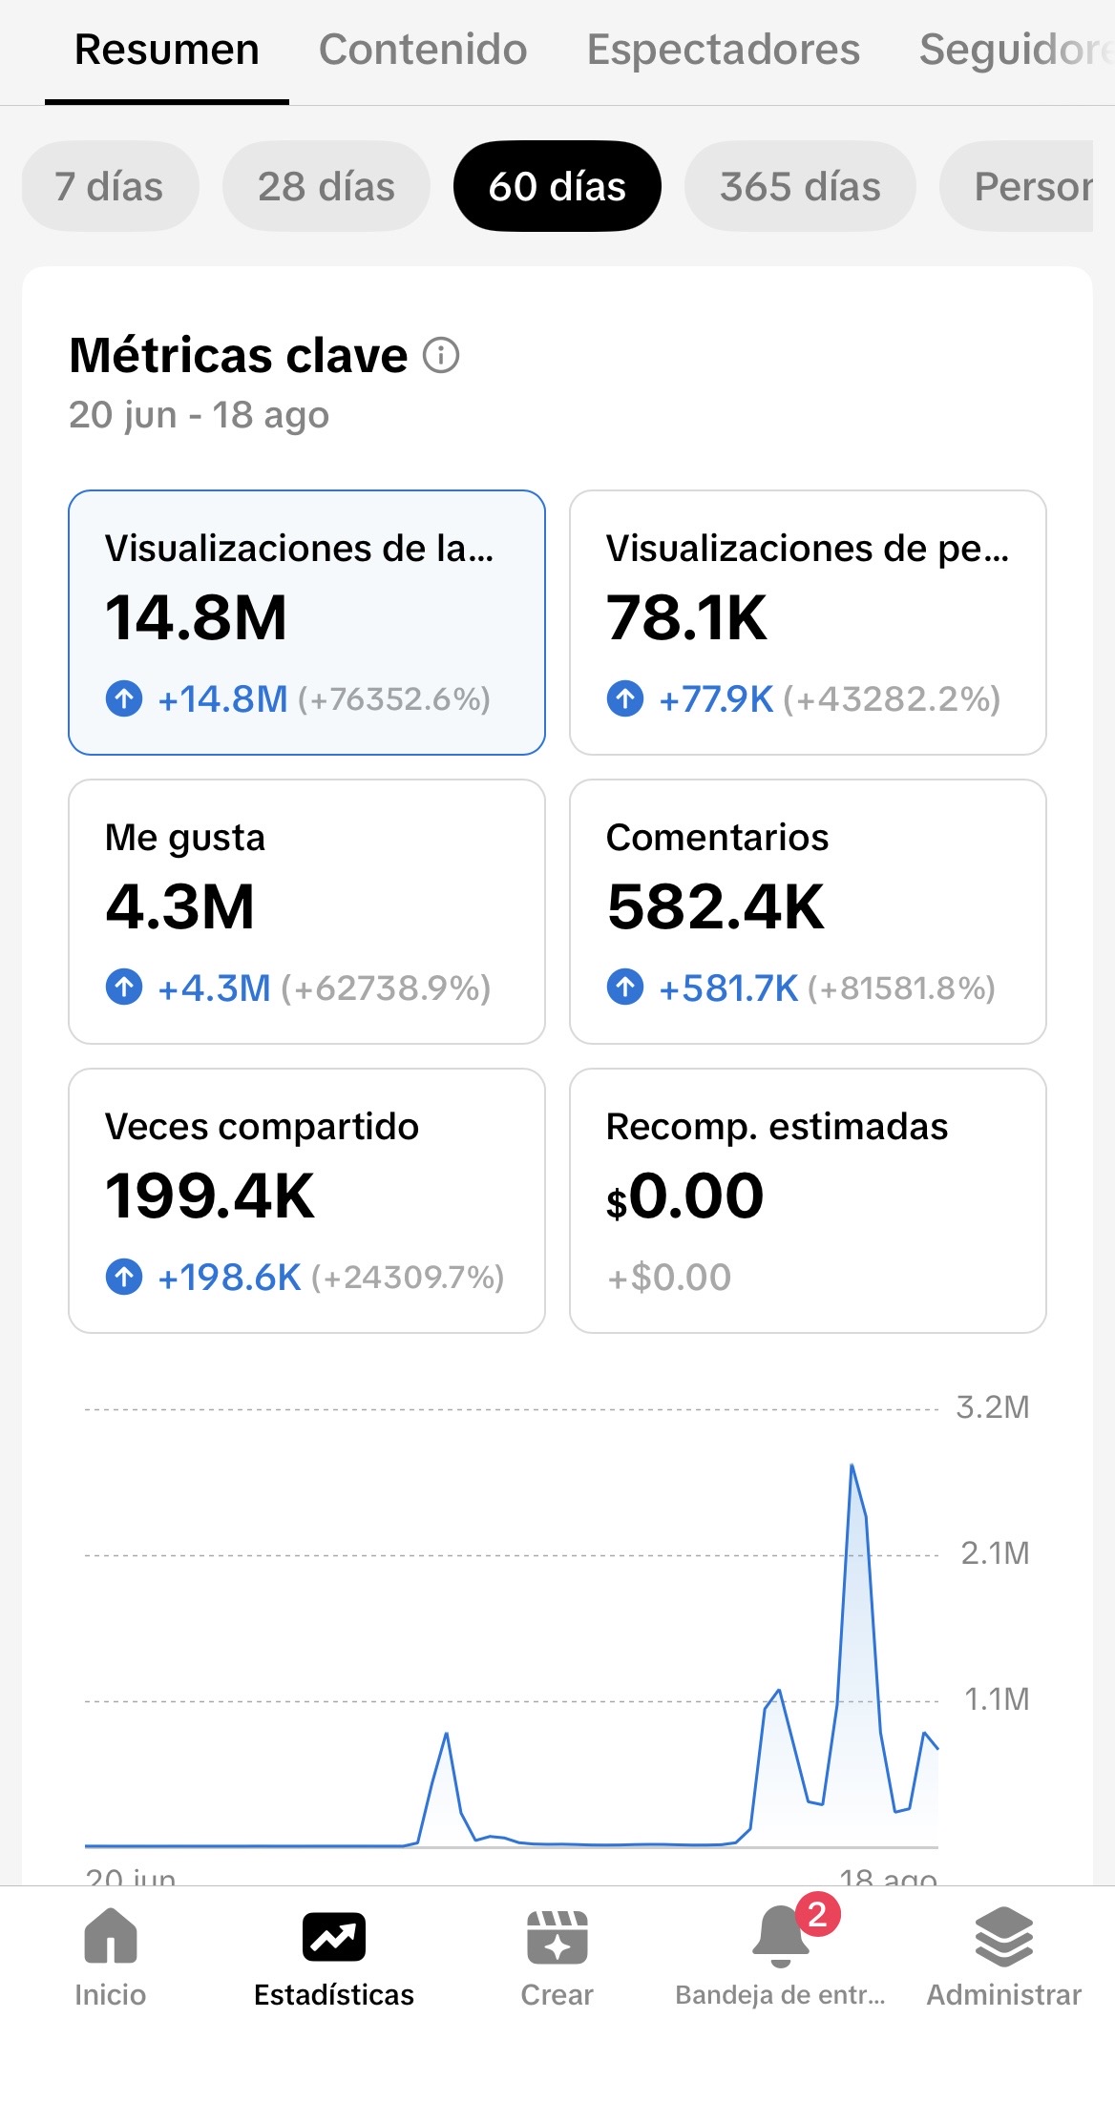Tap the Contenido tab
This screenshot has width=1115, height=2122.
click(x=423, y=50)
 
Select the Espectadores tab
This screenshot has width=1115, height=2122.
click(x=724, y=50)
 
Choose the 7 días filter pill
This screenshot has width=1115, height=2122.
click(x=110, y=186)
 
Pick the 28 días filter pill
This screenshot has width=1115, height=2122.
click(x=326, y=186)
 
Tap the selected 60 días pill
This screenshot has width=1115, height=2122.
click(x=557, y=186)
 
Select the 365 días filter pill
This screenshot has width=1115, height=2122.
click(x=800, y=186)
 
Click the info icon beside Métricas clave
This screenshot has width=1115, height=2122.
click(x=441, y=355)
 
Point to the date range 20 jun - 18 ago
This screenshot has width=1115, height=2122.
click(x=199, y=415)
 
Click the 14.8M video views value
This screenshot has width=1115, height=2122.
click(x=196, y=617)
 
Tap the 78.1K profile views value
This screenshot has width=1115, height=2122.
click(x=686, y=617)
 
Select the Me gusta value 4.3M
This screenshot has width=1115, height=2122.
click(x=179, y=906)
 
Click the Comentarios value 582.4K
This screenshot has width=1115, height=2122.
click(x=715, y=906)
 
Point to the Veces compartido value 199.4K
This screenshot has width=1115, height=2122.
click(x=209, y=1196)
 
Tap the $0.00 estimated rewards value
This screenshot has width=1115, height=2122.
click(x=684, y=1196)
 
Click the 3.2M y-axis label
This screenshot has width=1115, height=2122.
click(x=993, y=1407)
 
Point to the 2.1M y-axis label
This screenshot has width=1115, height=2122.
click(x=995, y=1553)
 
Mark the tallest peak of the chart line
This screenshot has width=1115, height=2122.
click(x=852, y=1465)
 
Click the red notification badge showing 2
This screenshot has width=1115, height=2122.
click(x=817, y=1914)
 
